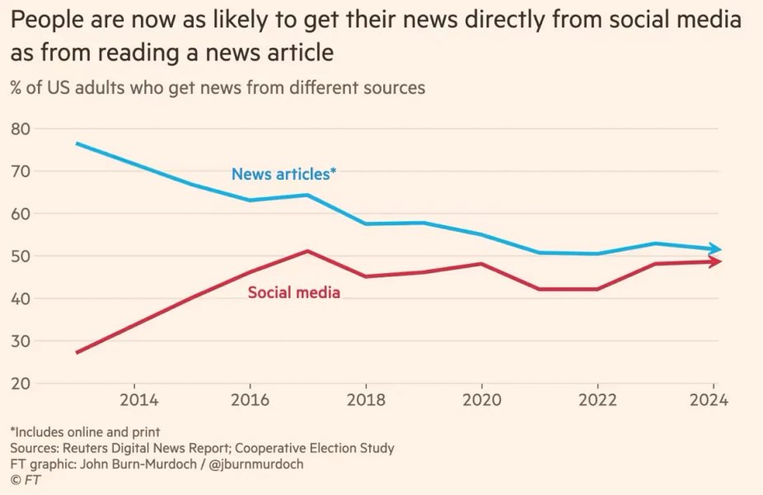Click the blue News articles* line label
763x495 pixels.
click(x=284, y=174)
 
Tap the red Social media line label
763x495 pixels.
click(x=294, y=292)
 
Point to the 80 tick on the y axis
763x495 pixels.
click(x=20, y=129)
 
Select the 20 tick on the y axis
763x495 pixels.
click(x=20, y=384)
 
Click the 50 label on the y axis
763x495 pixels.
click(x=20, y=257)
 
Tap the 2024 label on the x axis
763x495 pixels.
click(x=708, y=401)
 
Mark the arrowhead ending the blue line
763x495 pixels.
click(x=717, y=249)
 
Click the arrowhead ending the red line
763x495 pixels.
click(x=717, y=262)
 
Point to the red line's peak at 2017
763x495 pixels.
click(x=307, y=251)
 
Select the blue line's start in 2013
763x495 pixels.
click(x=77, y=144)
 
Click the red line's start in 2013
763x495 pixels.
click(x=77, y=352)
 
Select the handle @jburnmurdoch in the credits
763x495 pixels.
click(x=256, y=464)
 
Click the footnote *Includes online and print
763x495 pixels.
click(x=85, y=432)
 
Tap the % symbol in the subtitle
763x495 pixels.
click(x=16, y=87)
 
